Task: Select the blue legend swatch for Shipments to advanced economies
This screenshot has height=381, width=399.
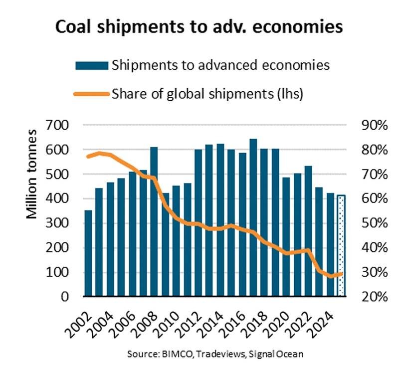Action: [92, 65]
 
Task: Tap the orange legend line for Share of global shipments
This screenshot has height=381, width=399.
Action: [92, 93]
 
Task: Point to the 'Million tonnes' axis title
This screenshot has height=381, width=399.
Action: [32, 174]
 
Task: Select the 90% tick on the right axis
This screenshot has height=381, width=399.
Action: [373, 125]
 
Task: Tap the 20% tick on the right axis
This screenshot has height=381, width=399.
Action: [373, 297]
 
